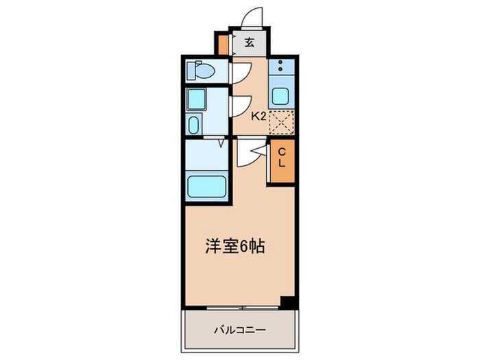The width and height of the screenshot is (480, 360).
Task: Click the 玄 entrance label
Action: point(249,43)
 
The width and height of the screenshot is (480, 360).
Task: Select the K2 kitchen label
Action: point(258,117)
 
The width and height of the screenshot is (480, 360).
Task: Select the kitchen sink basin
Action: point(280,95)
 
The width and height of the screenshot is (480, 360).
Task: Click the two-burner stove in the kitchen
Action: point(280,69)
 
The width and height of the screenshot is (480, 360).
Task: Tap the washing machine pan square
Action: point(196,100)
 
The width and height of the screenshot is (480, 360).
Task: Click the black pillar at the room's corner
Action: point(289,302)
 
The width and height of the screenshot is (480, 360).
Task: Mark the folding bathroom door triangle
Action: point(221,143)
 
